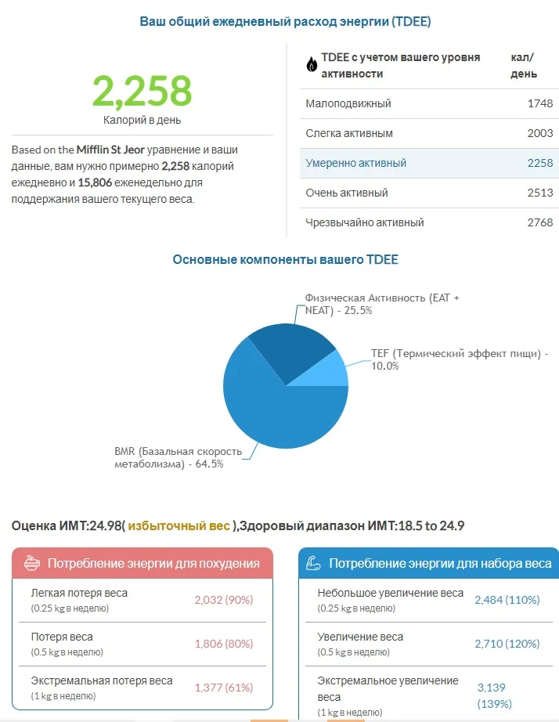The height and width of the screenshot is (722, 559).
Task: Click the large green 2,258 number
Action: [x=142, y=90]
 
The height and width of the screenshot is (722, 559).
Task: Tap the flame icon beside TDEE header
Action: [x=312, y=65]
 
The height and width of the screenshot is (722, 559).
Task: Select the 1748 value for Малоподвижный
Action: [x=539, y=103]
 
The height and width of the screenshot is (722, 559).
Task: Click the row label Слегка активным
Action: [x=349, y=133]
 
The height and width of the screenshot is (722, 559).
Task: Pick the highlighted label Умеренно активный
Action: [x=356, y=163]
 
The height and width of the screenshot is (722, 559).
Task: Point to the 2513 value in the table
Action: [x=539, y=193]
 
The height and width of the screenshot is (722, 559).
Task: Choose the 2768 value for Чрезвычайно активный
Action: [x=539, y=222]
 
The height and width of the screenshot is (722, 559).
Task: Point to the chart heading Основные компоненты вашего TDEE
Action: [x=285, y=259]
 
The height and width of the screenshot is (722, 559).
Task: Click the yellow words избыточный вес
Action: [x=179, y=525]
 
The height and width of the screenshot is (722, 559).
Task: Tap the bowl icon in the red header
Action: [x=31, y=563]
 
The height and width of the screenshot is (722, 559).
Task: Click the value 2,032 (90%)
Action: [x=224, y=600]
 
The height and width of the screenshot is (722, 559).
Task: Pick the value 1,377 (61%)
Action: [x=224, y=688]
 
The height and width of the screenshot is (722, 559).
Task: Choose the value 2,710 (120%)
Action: [x=507, y=644]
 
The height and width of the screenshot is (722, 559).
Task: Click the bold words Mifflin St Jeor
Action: [x=110, y=149]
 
